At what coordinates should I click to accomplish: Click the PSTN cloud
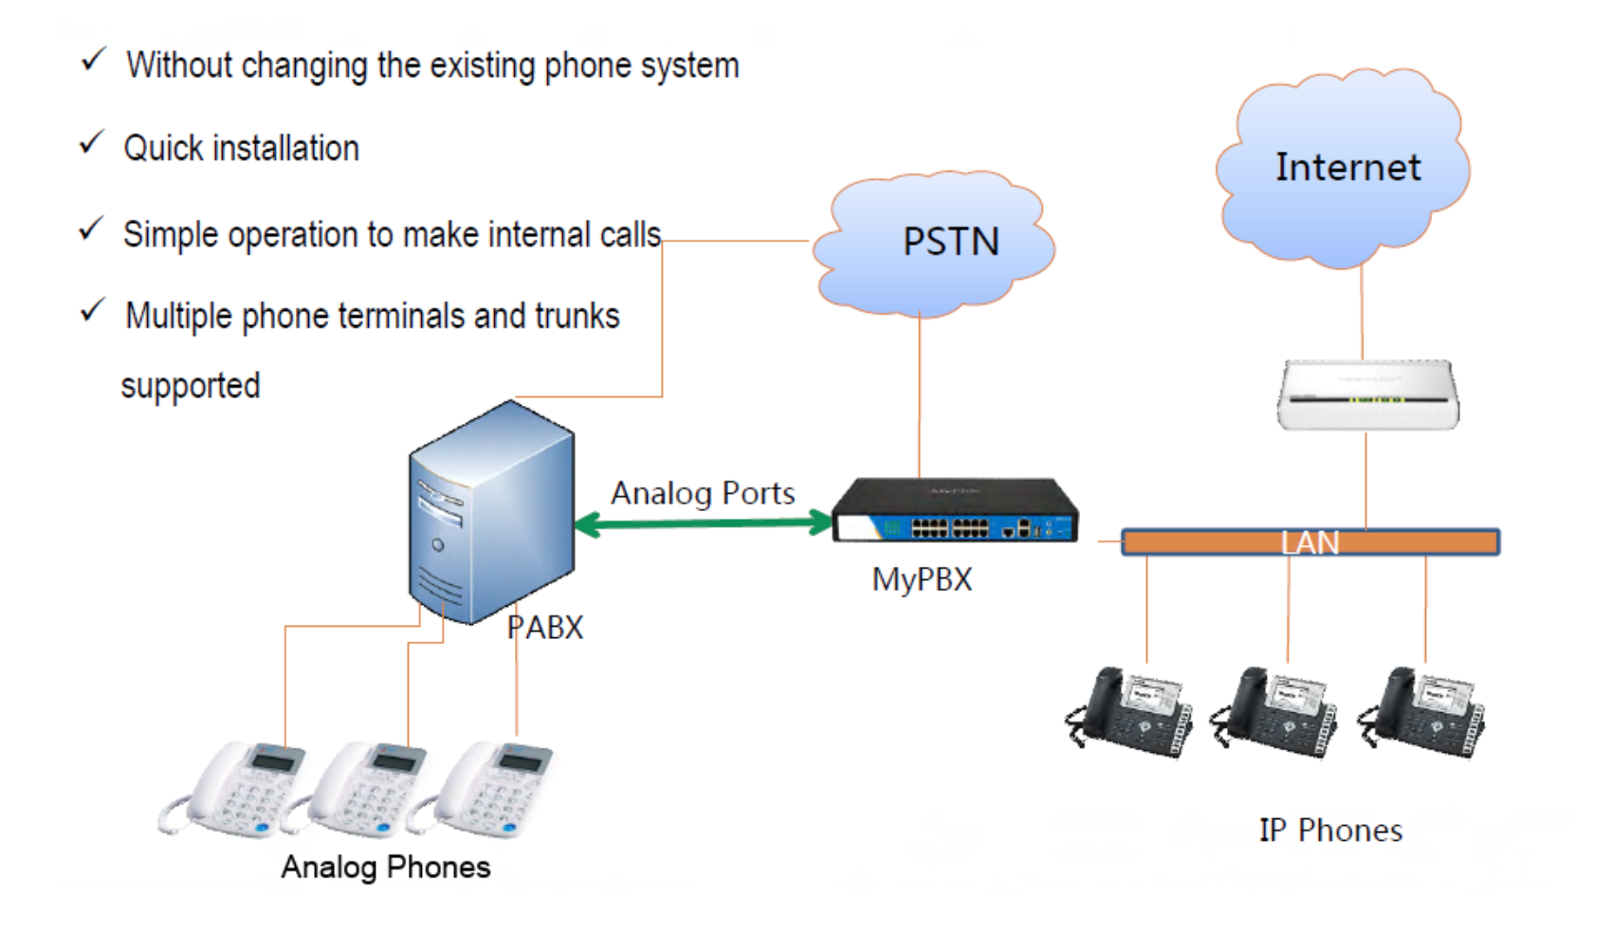pyautogui.click(x=934, y=245)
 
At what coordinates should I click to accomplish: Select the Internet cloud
pyautogui.click(x=1345, y=169)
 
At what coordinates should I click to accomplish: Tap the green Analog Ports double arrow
pyautogui.click(x=703, y=522)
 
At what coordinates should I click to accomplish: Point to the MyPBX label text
pyautogui.click(x=922, y=579)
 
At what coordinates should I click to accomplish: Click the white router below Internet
pyautogui.click(x=1367, y=394)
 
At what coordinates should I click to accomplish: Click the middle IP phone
pyautogui.click(x=1275, y=713)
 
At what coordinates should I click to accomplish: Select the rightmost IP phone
pyautogui.click(x=1422, y=713)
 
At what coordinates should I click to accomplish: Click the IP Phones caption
pyautogui.click(x=1329, y=831)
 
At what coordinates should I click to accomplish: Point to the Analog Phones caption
pyautogui.click(x=385, y=867)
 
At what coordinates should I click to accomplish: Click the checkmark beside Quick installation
pyautogui.click(x=91, y=144)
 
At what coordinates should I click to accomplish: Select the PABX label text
pyautogui.click(x=545, y=627)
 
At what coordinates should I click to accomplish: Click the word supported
pyautogui.click(x=191, y=386)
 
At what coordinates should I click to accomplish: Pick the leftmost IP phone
pyautogui.click(x=1128, y=713)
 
